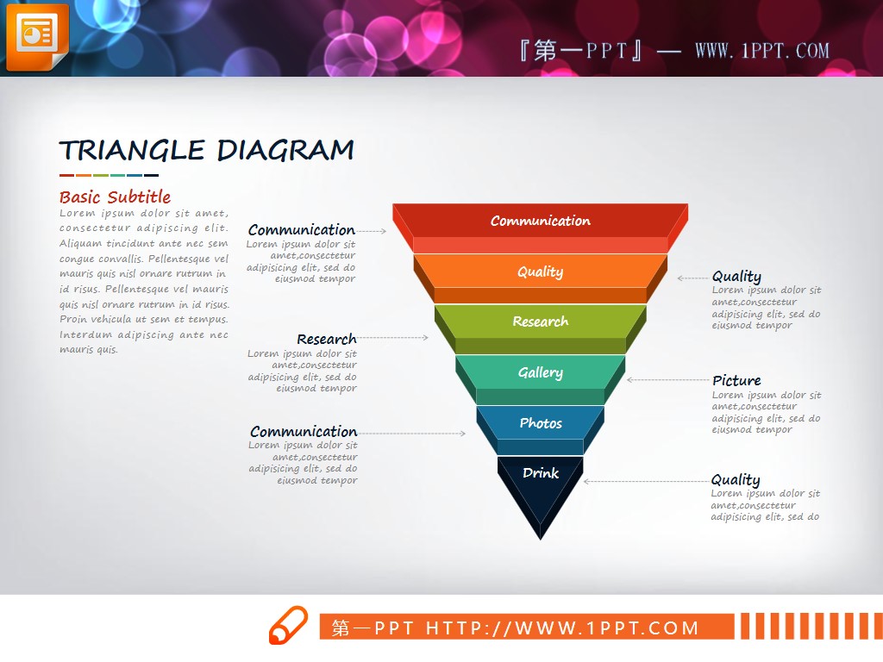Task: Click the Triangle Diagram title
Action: pos(207,150)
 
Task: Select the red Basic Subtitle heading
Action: pos(115,197)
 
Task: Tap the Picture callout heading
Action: pos(736,380)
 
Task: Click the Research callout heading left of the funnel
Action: pos(327,339)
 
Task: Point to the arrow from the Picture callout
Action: pos(669,380)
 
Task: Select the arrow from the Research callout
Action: pos(393,338)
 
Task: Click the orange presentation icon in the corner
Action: pos(37,36)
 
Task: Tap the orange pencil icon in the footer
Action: pos(288,625)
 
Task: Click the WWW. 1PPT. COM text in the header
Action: pos(762,51)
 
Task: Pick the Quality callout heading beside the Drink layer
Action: pos(736,479)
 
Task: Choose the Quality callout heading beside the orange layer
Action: pos(736,277)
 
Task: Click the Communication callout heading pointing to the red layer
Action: pos(302,230)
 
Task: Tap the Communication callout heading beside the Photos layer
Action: pos(304,432)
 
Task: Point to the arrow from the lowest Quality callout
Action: pos(647,481)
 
